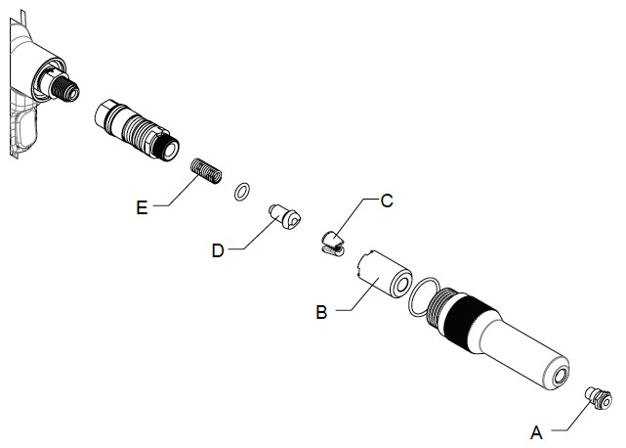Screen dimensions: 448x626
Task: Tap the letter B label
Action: (x=320, y=313)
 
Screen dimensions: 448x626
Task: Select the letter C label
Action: (x=386, y=201)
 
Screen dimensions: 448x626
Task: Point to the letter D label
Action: (x=217, y=250)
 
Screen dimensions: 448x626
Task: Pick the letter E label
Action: (x=143, y=206)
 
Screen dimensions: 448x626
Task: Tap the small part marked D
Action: (x=284, y=217)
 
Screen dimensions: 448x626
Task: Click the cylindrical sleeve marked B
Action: (x=383, y=273)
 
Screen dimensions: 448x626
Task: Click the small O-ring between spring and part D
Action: (x=240, y=190)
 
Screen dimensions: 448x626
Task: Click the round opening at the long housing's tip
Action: (x=561, y=376)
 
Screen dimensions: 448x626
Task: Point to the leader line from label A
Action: (x=566, y=422)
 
